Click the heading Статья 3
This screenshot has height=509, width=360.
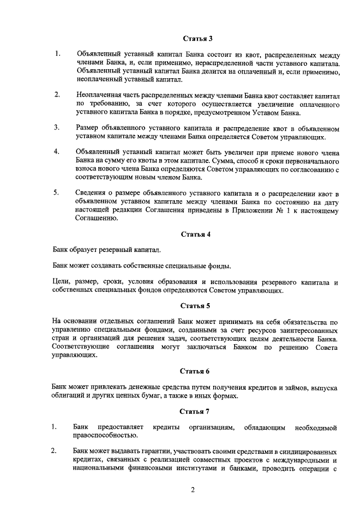tap(196, 39)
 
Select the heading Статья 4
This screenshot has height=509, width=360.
tap(196, 233)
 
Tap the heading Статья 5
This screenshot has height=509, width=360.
tap(196, 306)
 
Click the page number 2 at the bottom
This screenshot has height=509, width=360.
tap(192, 490)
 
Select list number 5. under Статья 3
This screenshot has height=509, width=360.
tap(57, 193)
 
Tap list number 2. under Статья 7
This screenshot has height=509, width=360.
tap(54, 451)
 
